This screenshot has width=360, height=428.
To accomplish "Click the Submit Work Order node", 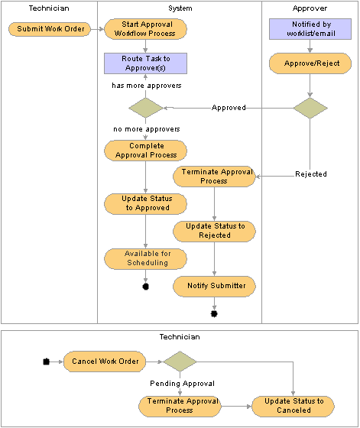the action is pos(50,29).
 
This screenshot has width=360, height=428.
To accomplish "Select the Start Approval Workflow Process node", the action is pos(145,29).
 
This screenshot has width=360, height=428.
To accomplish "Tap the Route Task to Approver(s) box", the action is pos(145,63).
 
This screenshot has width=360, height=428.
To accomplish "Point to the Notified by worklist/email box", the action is pos(310,29).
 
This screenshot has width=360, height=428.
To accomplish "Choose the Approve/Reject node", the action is pos(310,63).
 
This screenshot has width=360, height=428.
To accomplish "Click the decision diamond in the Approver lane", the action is pos(310,108).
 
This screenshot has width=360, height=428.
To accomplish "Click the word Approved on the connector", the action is pos(229,108).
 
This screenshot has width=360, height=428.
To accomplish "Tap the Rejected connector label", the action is pos(311,174).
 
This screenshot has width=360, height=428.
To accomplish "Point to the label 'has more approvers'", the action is pos(147,86).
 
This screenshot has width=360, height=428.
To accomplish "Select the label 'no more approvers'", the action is pos(147,129).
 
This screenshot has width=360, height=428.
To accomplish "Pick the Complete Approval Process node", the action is pos(145,151).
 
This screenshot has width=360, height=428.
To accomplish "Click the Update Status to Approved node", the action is pos(145,204).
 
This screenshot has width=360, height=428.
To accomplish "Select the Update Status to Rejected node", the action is pos(214,232).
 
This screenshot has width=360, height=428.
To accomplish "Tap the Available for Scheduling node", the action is pos(145,259).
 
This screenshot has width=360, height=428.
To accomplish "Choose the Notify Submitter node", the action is pos(214,287).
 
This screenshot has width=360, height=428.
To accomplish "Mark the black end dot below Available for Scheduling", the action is pos(146,287).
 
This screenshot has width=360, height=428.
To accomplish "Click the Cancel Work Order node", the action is pos(105,362).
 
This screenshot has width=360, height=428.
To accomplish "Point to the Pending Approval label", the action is pos(182,384).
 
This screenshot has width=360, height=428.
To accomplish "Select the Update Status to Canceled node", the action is pos(294,407).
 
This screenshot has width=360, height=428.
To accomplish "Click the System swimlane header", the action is pos(180,8).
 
